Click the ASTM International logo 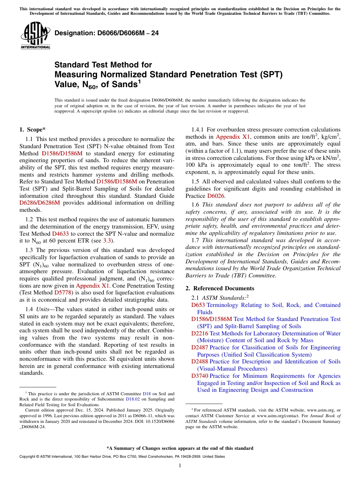(x=35, y=36)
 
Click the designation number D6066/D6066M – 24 (x=106, y=33)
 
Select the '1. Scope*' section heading (x=33, y=129)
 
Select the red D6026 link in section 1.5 (x=216, y=196)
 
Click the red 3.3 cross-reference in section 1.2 (x=108, y=241)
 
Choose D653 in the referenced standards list (x=198, y=305)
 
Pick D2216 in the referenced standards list (x=199, y=333)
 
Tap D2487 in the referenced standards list (x=199, y=347)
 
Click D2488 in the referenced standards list (x=199, y=361)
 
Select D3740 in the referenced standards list (x=199, y=376)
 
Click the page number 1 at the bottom (x=180, y=465)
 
